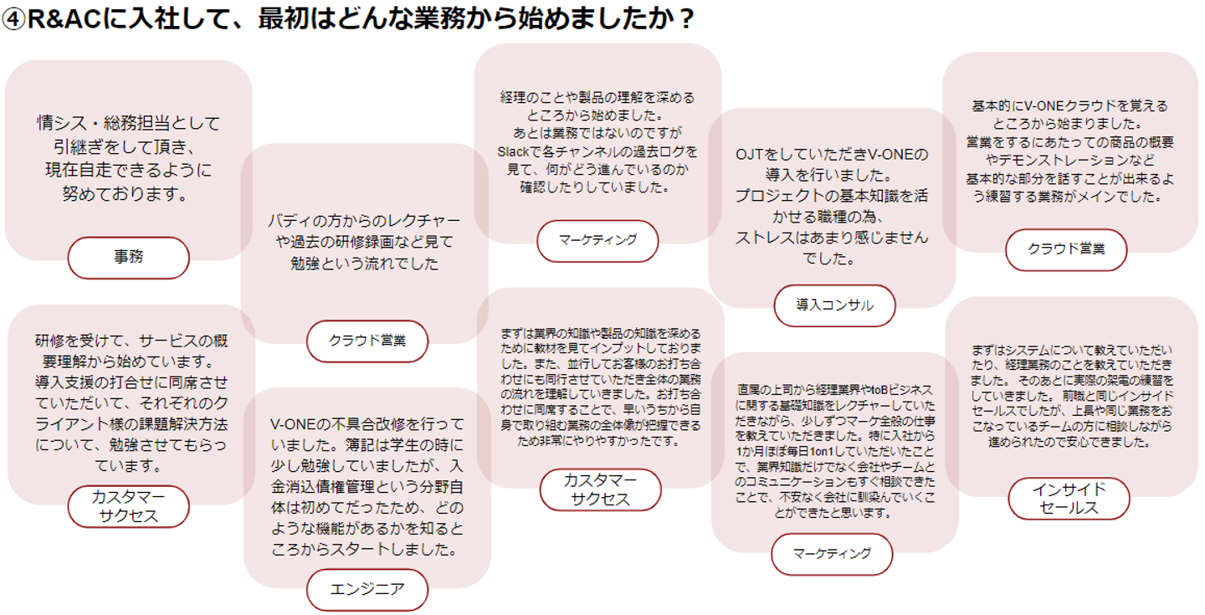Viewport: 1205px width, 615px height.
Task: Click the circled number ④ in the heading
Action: [14, 19]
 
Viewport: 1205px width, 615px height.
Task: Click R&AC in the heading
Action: [66, 19]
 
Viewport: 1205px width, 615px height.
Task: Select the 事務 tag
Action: [128, 258]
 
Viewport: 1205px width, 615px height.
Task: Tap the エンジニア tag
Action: [367, 589]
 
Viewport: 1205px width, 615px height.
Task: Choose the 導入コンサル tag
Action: [834, 305]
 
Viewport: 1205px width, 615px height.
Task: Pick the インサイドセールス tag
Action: [1069, 499]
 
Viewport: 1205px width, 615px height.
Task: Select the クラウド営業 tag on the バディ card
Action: [367, 341]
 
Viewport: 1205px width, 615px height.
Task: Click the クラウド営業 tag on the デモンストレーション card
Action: [1066, 249]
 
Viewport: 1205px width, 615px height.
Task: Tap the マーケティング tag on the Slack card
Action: [597, 240]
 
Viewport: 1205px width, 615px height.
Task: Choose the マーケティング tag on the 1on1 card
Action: [832, 553]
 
